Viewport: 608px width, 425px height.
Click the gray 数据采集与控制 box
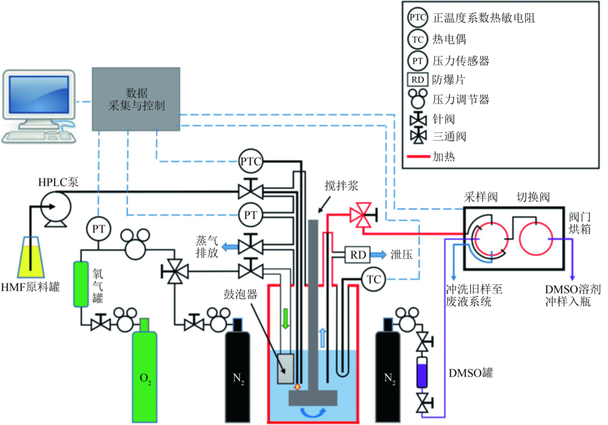136,99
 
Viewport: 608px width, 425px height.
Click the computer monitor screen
39,95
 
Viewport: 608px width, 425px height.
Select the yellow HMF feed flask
30,257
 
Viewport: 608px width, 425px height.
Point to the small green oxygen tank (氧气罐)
81,284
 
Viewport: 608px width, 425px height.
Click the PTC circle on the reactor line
251,161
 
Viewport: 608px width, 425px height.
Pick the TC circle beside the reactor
374,279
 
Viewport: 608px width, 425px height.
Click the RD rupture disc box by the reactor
357,255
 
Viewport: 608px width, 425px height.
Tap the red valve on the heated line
363,215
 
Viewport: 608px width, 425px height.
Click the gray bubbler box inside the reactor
285,368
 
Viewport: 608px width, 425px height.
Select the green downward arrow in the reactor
286,319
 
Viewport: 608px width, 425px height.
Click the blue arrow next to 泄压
378,255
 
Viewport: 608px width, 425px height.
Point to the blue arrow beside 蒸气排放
230,246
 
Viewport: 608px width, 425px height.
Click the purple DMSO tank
422,372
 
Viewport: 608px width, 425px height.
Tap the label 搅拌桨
341,186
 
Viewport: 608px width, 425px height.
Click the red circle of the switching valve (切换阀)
537,239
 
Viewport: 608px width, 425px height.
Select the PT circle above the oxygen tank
99,229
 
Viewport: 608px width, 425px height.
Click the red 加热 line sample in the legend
418,156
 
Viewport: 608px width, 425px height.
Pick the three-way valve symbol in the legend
418,136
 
